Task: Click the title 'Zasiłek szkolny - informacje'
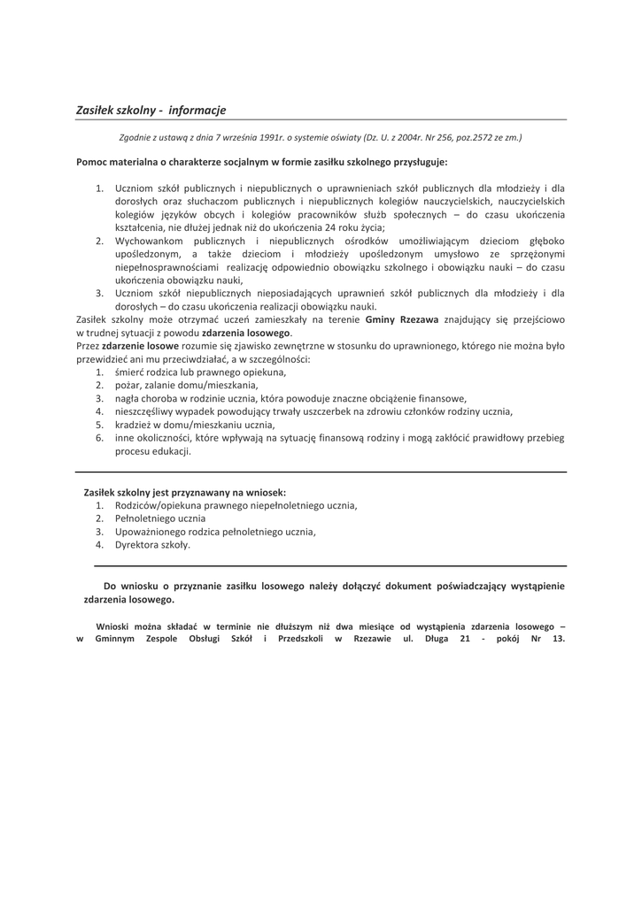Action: (151, 110)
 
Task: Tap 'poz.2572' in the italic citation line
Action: (472, 137)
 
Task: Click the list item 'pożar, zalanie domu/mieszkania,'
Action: (187, 386)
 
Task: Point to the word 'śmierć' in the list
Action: (131, 372)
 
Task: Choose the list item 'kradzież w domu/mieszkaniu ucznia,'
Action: (195, 424)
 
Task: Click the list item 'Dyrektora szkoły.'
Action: (152, 545)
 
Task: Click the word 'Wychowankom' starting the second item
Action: (148, 240)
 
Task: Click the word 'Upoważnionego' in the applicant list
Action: (150, 532)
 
